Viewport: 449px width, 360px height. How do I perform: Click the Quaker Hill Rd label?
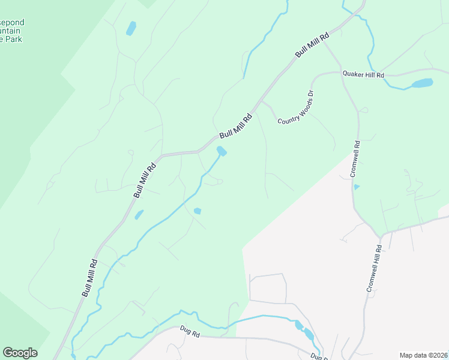click(x=363, y=74)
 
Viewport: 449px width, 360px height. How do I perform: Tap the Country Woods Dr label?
click(x=296, y=109)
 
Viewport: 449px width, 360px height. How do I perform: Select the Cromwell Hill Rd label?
click(x=374, y=268)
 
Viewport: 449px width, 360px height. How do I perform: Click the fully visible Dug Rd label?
click(x=190, y=332)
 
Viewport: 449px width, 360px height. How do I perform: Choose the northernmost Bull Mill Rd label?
click(x=312, y=45)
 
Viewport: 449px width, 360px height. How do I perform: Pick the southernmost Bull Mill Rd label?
click(x=89, y=277)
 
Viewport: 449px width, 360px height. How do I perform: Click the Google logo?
click(x=20, y=353)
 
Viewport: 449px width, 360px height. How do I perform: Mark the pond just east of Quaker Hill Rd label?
click(x=421, y=83)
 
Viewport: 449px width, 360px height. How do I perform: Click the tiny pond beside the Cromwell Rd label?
click(x=357, y=187)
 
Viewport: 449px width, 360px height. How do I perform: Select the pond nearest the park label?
click(x=130, y=28)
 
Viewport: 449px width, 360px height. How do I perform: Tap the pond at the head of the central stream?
click(x=221, y=151)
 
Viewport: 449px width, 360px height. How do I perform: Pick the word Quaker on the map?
click(x=354, y=73)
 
